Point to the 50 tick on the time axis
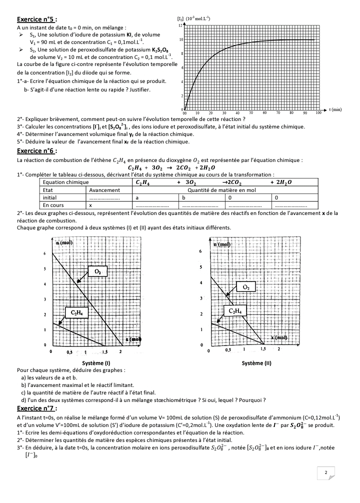[x=250, y=113]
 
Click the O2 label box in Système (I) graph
[x=98, y=271]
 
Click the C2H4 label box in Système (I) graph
[x=76, y=313]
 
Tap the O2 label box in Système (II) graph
[x=245, y=286]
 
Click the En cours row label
[x=53, y=205]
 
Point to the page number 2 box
[x=325, y=472]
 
